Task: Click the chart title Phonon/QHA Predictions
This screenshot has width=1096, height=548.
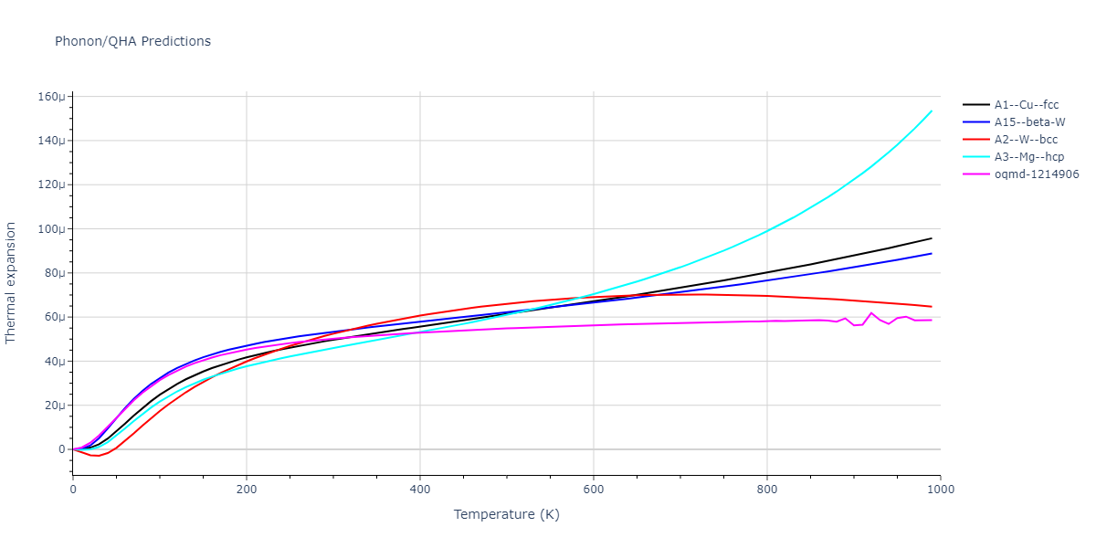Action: click(132, 41)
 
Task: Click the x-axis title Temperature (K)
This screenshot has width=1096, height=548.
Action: click(506, 515)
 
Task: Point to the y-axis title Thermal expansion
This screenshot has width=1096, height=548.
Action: click(11, 282)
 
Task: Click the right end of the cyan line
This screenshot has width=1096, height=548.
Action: click(932, 111)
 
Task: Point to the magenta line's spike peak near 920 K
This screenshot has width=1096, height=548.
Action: click(871, 313)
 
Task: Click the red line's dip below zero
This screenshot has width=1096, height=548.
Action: click(97, 456)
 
